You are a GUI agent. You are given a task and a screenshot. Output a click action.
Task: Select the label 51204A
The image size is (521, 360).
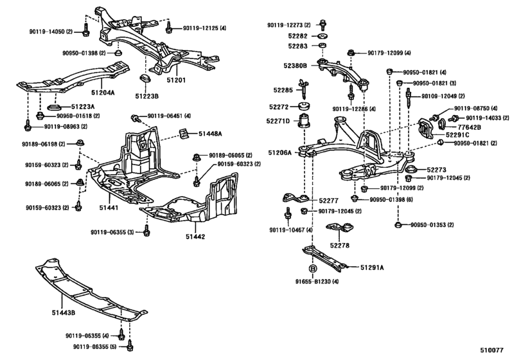[102, 92]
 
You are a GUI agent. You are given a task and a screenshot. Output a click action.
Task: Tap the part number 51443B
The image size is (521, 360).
[64, 313]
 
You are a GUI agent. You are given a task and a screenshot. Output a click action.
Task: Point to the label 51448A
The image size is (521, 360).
[209, 133]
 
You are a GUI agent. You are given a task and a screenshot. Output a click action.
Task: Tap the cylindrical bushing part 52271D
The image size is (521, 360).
[304, 122]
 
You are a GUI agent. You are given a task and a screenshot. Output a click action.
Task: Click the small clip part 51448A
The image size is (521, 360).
[185, 133]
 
